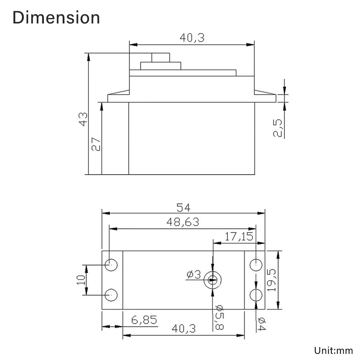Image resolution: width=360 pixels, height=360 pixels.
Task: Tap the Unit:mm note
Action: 334,350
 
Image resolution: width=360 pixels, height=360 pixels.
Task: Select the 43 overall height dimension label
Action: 84,119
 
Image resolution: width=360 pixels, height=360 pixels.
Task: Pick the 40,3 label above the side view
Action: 192,38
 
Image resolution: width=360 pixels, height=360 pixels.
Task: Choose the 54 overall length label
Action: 184,207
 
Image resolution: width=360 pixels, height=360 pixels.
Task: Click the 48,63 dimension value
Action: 183,222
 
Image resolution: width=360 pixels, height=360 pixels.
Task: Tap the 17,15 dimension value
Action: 239,237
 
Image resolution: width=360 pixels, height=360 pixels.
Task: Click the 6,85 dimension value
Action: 144,320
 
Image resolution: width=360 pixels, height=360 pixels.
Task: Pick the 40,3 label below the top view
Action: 184,329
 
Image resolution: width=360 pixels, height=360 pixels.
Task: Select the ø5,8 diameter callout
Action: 220,317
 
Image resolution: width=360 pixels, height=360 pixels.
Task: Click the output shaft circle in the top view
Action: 213,280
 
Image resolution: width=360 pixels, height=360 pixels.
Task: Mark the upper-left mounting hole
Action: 112,265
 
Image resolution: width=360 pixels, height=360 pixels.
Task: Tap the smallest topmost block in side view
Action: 161,58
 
